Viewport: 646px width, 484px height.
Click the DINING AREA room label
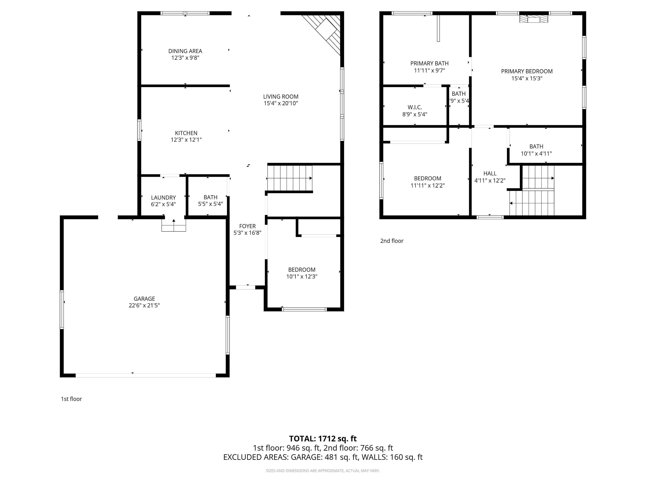click(185, 51)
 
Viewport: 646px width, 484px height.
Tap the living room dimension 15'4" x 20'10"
click(281, 103)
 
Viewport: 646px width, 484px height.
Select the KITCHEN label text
click(186, 133)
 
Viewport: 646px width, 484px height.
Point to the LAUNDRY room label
click(163, 198)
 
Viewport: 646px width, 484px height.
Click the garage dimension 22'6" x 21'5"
click(144, 305)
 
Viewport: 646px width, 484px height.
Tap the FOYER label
click(247, 226)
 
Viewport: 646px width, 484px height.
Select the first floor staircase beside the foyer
click(289, 178)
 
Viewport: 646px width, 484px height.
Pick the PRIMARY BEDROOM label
click(526, 71)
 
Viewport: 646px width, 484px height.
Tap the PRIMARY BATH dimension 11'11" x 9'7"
click(429, 70)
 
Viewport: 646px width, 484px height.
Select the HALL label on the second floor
click(490, 173)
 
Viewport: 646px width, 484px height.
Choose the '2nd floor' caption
click(392, 241)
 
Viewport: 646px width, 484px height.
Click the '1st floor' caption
click(71, 399)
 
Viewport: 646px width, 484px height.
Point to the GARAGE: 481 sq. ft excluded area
click(324, 457)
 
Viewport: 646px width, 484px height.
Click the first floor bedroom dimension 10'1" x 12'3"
click(302, 277)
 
